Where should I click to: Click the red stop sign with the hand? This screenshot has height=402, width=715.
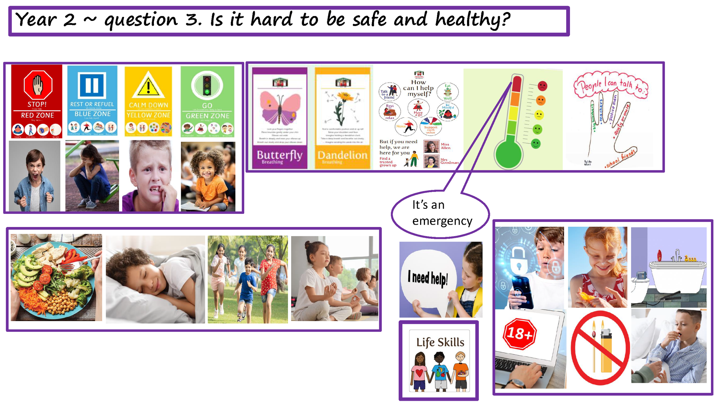coord(38,85)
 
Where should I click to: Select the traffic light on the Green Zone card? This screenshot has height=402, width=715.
coord(207,85)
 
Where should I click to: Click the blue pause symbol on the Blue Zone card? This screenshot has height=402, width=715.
coord(92,85)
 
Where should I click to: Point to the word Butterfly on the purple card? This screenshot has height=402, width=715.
coord(279,155)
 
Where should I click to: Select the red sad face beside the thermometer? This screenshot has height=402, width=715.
coord(542,86)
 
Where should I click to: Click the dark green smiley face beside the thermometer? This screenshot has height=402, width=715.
coord(536,144)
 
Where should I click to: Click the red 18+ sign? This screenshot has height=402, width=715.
coord(519,333)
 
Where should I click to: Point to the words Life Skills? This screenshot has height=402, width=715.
coord(440,342)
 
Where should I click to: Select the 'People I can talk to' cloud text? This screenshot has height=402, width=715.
coord(611,85)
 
